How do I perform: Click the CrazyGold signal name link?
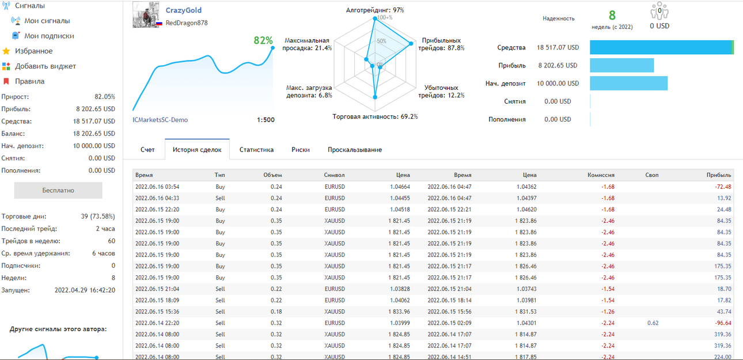click(183, 10)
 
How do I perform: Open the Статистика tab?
click(256, 150)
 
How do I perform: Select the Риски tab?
click(301, 150)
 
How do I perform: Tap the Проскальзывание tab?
click(355, 150)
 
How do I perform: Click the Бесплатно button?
click(58, 191)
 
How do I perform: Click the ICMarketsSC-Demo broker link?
click(160, 120)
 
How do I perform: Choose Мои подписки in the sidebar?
click(49, 36)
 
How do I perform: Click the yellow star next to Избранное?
click(6, 51)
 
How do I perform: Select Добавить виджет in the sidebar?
click(46, 66)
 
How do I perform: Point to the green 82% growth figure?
click(263, 40)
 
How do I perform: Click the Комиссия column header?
click(601, 175)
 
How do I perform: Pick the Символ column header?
click(334, 175)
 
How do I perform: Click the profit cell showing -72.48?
click(723, 187)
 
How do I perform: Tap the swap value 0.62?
click(653, 323)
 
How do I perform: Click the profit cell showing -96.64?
click(723, 323)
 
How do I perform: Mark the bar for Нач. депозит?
click(628, 84)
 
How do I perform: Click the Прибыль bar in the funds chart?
click(622, 65)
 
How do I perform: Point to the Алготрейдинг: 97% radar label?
click(375, 10)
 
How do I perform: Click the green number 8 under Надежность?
click(612, 15)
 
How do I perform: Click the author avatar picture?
click(146, 14)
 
